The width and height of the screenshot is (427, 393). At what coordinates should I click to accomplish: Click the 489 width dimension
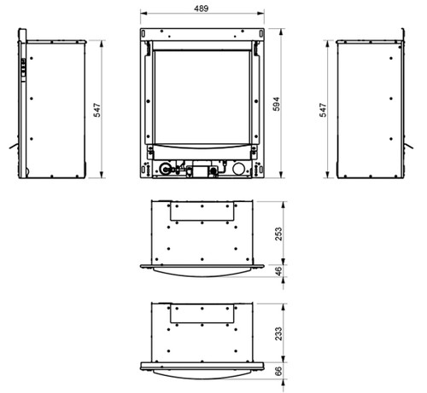point(202,9)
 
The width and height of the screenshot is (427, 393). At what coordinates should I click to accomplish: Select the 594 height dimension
point(276,104)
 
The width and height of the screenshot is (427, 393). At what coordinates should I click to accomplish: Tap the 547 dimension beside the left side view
point(97,110)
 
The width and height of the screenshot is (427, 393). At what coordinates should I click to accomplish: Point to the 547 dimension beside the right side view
point(323,110)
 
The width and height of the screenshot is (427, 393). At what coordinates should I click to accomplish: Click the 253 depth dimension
point(278,234)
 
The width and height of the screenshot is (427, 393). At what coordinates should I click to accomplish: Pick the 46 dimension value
point(279,271)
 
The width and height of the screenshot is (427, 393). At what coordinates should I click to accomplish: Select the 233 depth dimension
point(278,333)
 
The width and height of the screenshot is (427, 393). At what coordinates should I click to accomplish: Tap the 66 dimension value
point(279,371)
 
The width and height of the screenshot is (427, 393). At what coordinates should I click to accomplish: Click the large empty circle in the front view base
point(239,169)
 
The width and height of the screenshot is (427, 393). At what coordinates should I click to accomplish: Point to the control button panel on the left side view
point(23,67)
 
